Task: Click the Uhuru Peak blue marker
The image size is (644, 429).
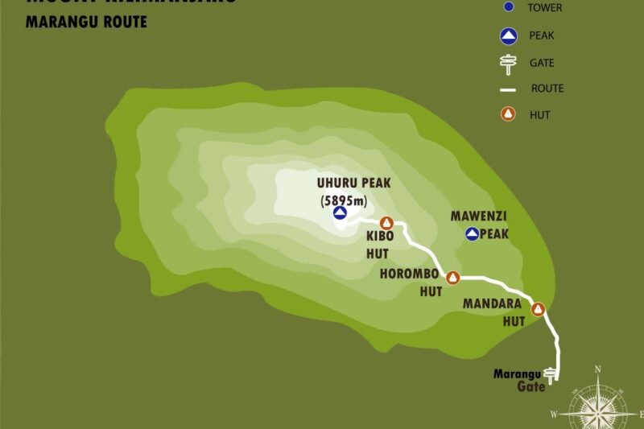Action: point(340,212)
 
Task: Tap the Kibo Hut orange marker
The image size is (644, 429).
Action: point(386,223)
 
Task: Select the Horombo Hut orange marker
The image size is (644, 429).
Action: point(452,278)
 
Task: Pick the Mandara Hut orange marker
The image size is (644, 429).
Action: point(538,308)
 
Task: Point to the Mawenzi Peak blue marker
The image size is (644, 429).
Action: point(473,234)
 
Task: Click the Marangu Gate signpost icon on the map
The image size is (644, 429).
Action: point(551,373)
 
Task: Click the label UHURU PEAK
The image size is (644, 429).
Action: point(354,183)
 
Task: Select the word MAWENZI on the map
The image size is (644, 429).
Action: point(479,217)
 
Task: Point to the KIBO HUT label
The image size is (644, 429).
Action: point(379,245)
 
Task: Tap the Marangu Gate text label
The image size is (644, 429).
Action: point(519,380)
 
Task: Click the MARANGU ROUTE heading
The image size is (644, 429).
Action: point(86,22)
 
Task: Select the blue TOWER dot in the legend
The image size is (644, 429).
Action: point(508,8)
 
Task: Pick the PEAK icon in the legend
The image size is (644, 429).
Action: point(508,35)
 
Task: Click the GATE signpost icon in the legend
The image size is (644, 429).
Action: point(508,63)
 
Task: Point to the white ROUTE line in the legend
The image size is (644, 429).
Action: point(508,89)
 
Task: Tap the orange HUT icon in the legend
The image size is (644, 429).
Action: point(508,114)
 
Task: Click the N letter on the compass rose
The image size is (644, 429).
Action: point(597,369)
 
